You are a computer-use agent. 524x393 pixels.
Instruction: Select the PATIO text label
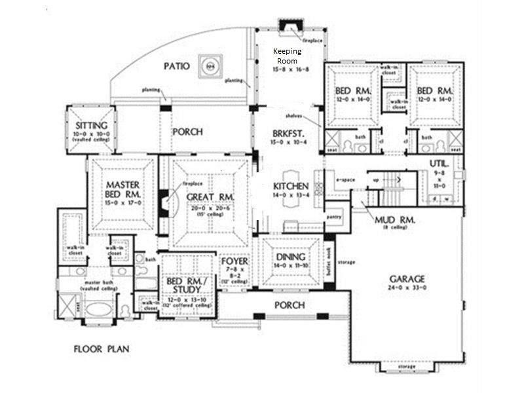(x=177, y=66)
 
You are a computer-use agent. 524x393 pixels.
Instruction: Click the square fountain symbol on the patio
(x=210, y=65)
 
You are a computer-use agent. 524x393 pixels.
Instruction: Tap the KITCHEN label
(x=290, y=187)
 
